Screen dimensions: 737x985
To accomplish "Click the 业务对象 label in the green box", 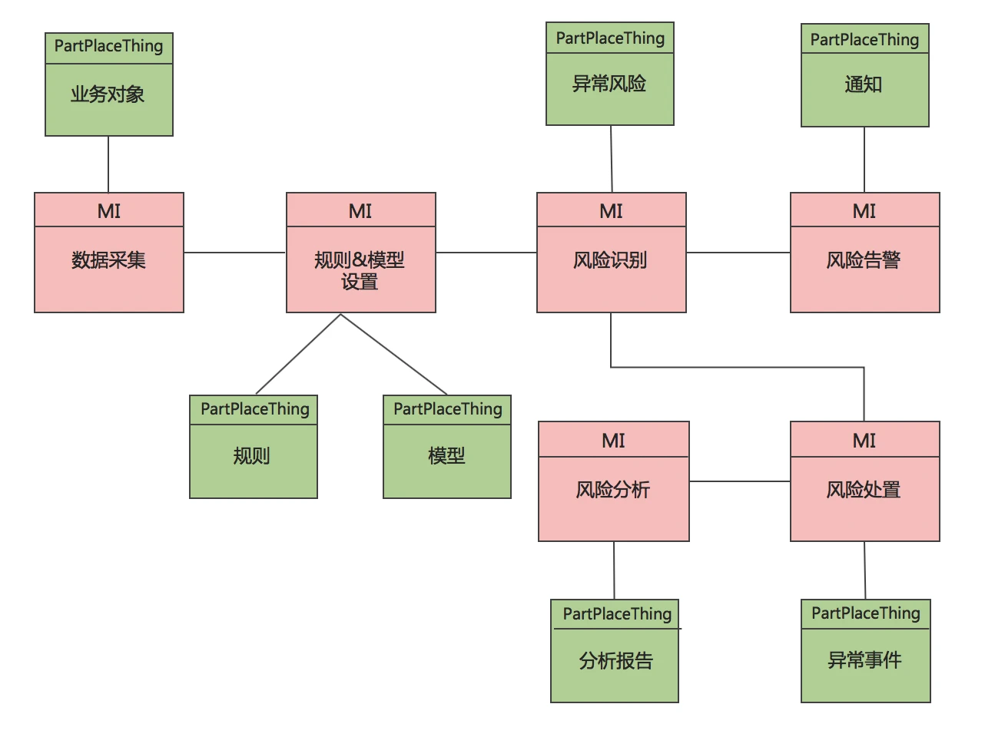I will (x=108, y=94).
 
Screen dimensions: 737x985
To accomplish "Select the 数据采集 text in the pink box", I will (x=108, y=260).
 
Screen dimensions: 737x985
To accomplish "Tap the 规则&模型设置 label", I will (x=360, y=270).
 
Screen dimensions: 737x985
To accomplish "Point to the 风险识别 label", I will (x=610, y=260).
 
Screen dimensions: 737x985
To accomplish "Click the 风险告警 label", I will (x=864, y=260).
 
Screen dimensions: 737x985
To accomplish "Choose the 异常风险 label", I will (x=609, y=84).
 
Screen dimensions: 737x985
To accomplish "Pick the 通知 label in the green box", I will (x=864, y=84).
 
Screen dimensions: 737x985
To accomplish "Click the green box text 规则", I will (x=252, y=456).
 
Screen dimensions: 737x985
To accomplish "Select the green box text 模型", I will (x=446, y=456).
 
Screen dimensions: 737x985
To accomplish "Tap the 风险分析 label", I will (x=613, y=490).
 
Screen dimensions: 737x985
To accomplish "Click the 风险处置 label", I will (x=864, y=490).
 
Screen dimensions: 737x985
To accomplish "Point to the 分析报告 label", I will (x=615, y=661).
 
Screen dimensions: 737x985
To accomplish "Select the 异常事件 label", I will (x=864, y=660).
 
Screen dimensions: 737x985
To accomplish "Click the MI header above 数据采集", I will (x=109, y=211).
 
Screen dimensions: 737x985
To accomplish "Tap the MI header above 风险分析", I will (x=613, y=441).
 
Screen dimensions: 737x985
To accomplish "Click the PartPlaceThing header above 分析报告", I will (x=617, y=614).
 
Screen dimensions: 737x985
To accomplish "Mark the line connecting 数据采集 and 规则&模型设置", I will (x=234, y=253).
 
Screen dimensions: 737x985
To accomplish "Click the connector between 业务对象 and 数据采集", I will (x=108, y=164).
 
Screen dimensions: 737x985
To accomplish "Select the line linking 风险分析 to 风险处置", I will (x=739, y=481).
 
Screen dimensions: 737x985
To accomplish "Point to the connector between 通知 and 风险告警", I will (x=864, y=160).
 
